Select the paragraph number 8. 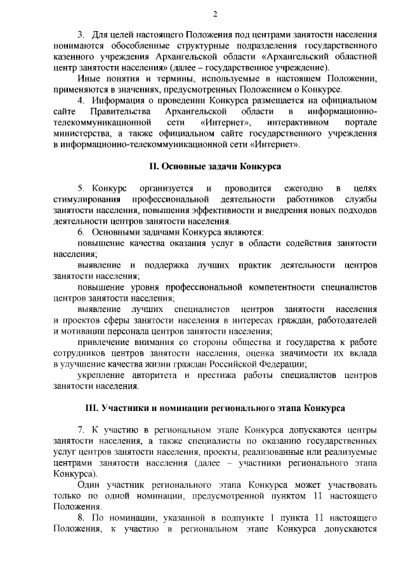click(x=81, y=518)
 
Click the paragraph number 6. click(x=81, y=232)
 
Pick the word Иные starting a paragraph click(x=88, y=79)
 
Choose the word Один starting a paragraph click(x=88, y=485)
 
